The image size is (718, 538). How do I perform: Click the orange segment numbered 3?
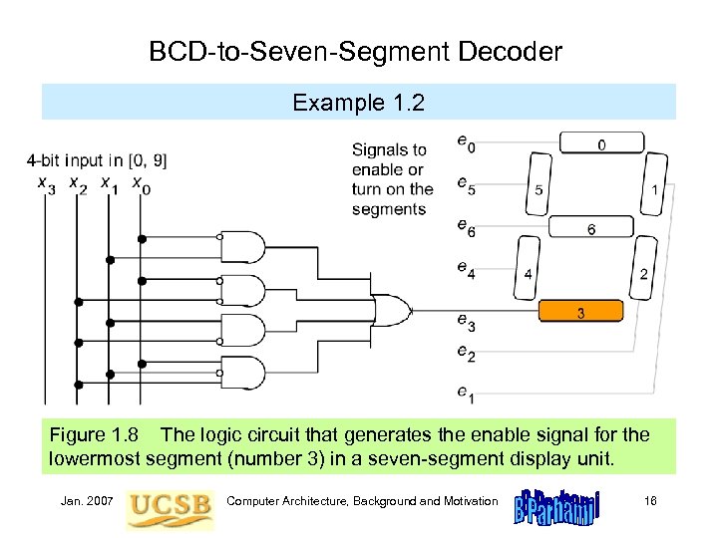(581, 313)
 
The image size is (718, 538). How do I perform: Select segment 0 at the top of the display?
(601, 143)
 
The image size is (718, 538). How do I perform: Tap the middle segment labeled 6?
(591, 228)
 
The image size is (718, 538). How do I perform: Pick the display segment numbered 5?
(538, 190)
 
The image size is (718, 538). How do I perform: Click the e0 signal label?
(466, 144)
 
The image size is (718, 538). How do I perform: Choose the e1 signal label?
(466, 395)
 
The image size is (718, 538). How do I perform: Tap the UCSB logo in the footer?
(171, 507)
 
